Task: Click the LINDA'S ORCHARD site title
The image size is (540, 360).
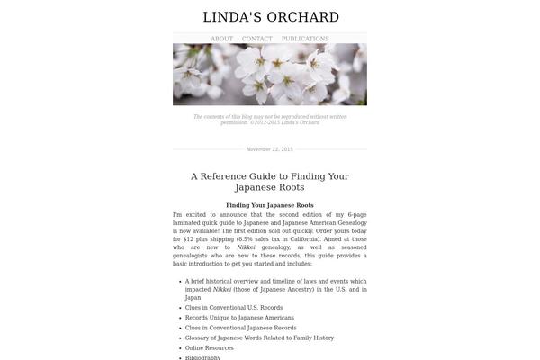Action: pos(270,17)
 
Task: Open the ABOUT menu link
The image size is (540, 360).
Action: pos(221,39)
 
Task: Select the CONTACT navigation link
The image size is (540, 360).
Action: pos(256,39)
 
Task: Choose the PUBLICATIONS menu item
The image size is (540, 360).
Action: pos(305,39)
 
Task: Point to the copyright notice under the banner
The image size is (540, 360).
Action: pos(270,119)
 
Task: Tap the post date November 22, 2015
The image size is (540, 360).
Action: pos(270,149)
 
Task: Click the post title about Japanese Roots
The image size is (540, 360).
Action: pos(270,182)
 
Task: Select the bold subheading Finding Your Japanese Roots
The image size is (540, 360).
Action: pos(270,206)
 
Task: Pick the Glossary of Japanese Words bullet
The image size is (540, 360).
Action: pos(259,337)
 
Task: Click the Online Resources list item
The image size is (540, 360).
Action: pos(210,347)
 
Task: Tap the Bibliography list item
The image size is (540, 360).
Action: pos(202,357)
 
